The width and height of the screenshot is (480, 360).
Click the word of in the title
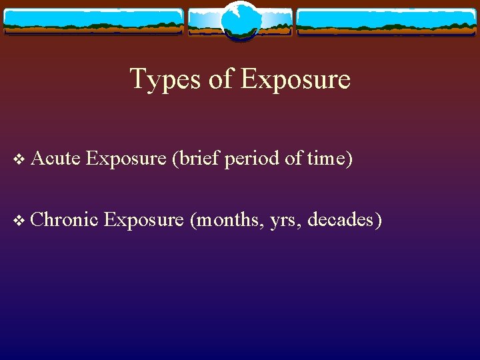pyautogui.click(x=221, y=79)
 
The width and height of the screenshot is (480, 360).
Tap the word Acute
pyautogui.click(x=55, y=158)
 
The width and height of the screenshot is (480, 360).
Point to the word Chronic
pyautogui.click(x=64, y=218)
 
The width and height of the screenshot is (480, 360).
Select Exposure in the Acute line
pyautogui.click(x=126, y=158)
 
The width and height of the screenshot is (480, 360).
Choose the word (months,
pyautogui.click(x=227, y=218)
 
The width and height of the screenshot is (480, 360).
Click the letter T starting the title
pyautogui.click(x=137, y=79)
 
